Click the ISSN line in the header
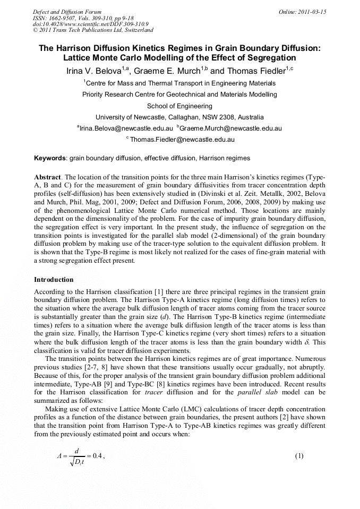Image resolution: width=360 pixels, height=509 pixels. coord(83,18)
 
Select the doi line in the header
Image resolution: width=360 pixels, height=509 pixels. coord(90,24)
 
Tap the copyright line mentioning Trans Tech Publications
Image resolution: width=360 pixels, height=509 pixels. coord(93,30)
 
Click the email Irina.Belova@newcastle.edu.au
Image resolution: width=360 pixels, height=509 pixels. coord(126,128)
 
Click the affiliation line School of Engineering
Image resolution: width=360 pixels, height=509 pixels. coord(179,106)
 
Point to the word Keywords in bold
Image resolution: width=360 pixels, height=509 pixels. coord(50,158)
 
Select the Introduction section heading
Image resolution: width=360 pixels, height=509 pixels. coord(54,279)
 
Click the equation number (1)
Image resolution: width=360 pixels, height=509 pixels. coord(299,456)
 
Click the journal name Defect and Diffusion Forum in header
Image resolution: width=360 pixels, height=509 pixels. coord(67,12)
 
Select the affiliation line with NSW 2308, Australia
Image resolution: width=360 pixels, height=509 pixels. coord(179,117)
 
